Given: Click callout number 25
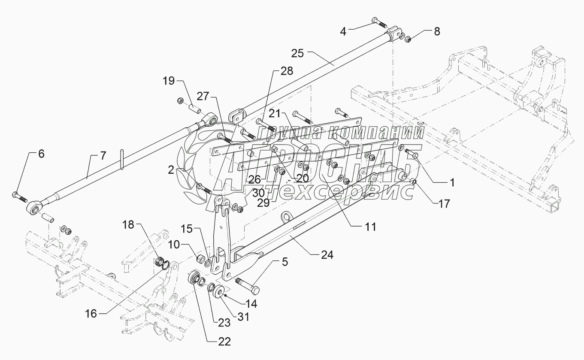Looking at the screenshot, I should pyautogui.click(x=297, y=54).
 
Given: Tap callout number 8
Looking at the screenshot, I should pyautogui.click(x=436, y=31).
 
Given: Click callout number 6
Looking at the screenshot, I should pyautogui.click(x=41, y=154).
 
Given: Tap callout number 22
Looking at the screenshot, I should pyautogui.click(x=224, y=342).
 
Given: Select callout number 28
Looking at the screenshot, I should pyautogui.click(x=287, y=71).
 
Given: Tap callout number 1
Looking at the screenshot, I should pyautogui.click(x=451, y=182).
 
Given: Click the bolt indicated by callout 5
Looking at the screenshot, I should pyautogui.click(x=248, y=285).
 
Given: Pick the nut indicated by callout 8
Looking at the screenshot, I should pyautogui.click(x=408, y=39).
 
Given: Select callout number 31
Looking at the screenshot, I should pyautogui.click(x=243, y=317).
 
